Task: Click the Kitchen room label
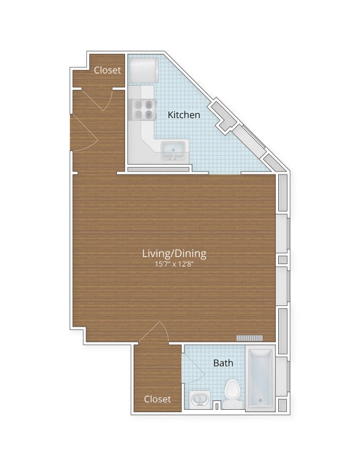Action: click(x=184, y=114)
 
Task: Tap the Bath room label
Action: click(x=223, y=363)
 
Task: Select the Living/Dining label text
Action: click(x=174, y=253)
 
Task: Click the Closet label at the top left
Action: click(x=107, y=70)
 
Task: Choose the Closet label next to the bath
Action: click(x=157, y=399)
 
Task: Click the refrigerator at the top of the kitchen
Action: click(x=142, y=70)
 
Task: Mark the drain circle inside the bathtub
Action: click(x=259, y=400)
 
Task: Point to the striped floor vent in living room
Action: click(x=250, y=338)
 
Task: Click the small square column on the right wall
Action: click(x=282, y=260)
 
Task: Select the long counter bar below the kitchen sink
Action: click(x=158, y=169)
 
